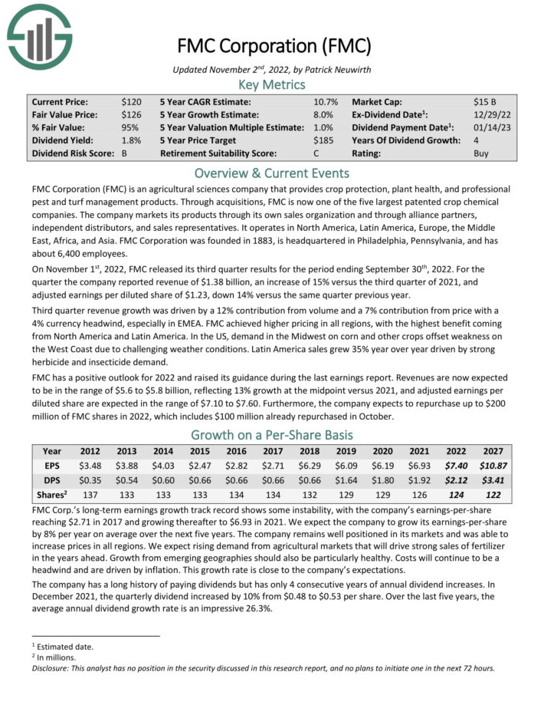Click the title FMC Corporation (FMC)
(x=272, y=45)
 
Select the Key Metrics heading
(x=272, y=84)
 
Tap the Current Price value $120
(x=131, y=101)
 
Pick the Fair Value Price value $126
(x=131, y=114)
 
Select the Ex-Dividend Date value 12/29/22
(x=490, y=114)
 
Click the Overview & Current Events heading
(x=272, y=173)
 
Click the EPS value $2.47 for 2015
(x=200, y=466)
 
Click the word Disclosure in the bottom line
(x=53, y=667)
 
